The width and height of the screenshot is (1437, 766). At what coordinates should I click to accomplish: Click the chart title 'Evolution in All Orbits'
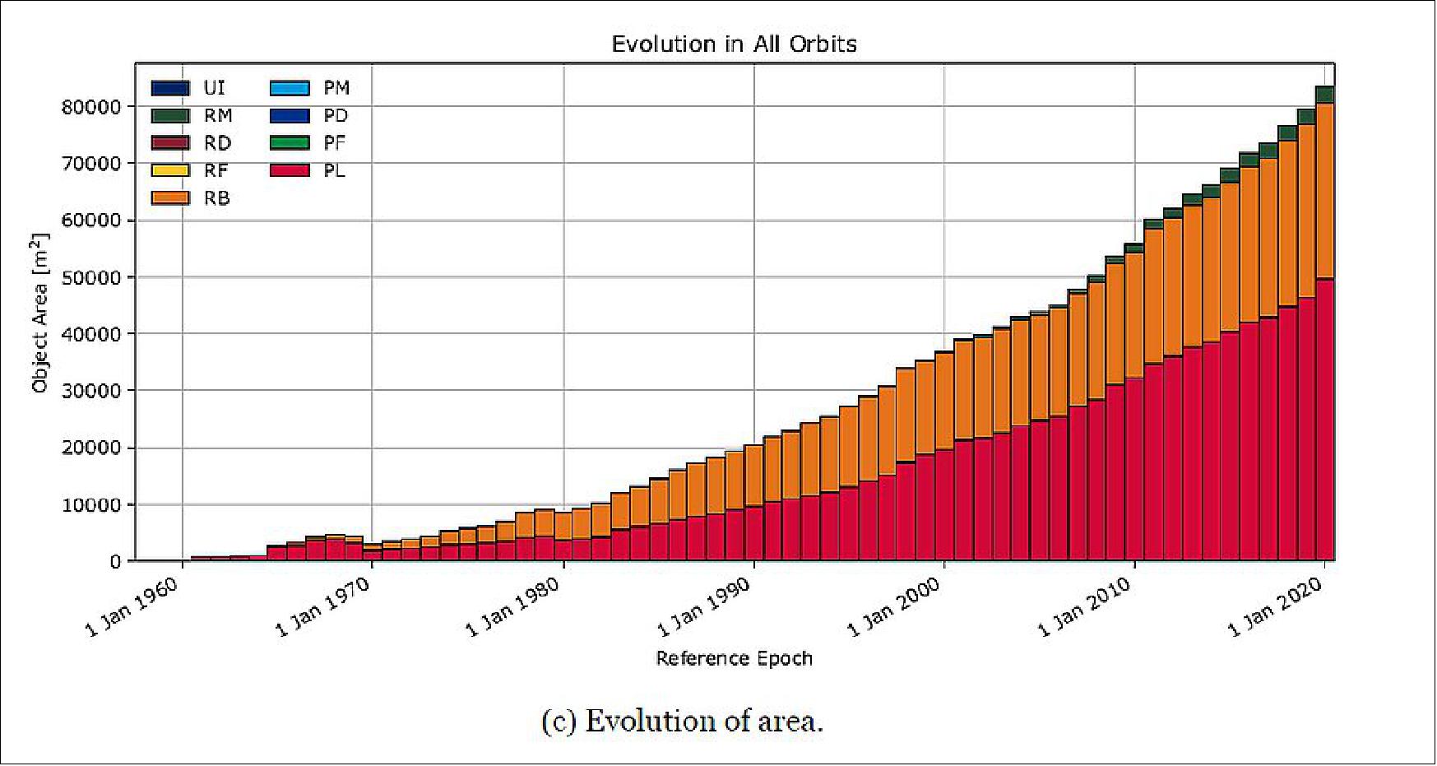(x=734, y=44)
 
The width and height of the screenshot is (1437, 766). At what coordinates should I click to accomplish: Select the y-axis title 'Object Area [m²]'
(x=39, y=313)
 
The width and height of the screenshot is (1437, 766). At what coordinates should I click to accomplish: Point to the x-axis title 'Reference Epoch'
(x=734, y=658)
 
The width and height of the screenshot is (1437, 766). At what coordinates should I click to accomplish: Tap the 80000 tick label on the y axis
(x=91, y=107)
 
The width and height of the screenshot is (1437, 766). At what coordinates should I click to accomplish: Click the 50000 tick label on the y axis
(x=91, y=277)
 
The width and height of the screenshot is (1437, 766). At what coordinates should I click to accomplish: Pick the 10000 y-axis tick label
(x=91, y=505)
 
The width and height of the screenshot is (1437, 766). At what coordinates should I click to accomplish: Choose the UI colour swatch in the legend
(x=170, y=88)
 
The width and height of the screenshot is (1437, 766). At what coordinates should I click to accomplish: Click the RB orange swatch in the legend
(x=170, y=198)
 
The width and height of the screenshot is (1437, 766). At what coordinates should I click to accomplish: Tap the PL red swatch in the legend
(x=290, y=170)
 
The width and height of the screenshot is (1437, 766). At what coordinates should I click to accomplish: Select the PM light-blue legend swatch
(x=290, y=88)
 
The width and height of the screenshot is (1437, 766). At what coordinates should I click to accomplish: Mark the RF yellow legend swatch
(x=170, y=170)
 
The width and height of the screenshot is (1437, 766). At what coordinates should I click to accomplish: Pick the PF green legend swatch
(x=290, y=143)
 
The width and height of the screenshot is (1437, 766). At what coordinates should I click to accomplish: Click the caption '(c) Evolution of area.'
(x=682, y=722)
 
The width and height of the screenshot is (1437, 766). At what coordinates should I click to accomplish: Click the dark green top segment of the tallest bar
(x=1324, y=95)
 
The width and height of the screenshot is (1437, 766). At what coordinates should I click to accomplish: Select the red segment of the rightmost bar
(x=1324, y=420)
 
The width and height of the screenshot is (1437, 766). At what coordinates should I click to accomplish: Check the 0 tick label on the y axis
(x=115, y=562)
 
